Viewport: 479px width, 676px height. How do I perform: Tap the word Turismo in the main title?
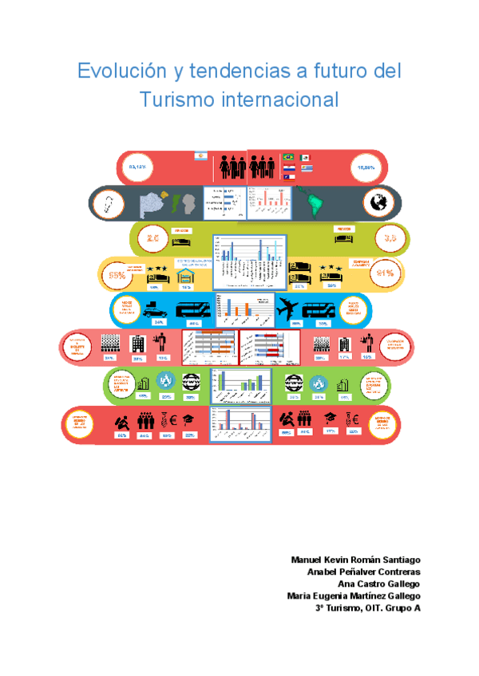(176, 100)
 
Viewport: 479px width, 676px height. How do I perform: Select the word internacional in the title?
(279, 100)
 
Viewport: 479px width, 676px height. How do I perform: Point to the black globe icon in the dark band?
(376, 204)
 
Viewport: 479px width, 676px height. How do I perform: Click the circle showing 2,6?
(152, 237)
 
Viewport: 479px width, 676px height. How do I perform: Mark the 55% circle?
(117, 276)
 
